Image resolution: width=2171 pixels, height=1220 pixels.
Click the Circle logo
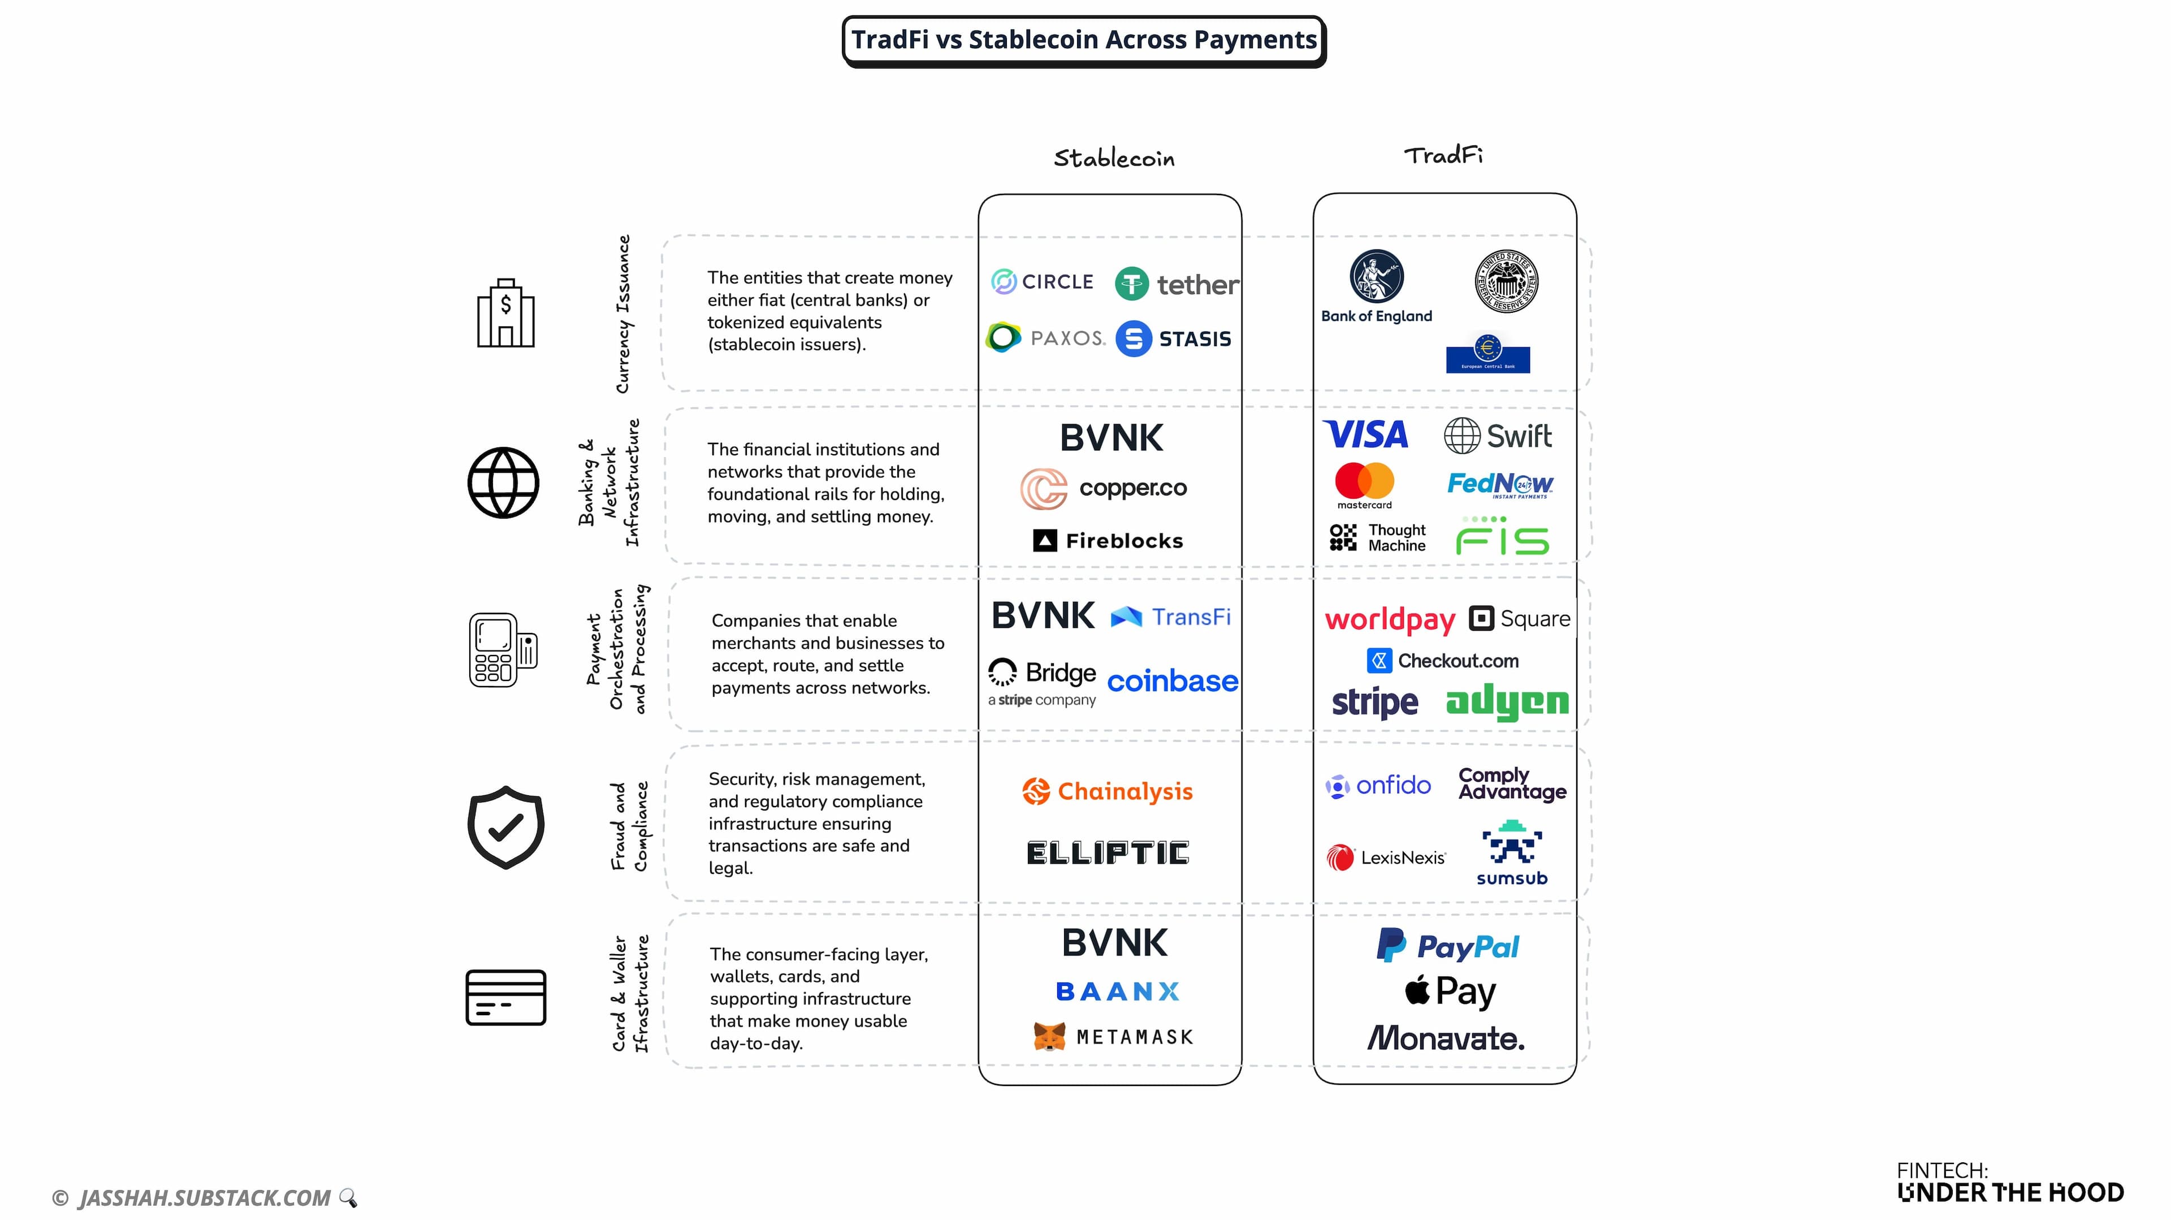[1043, 282]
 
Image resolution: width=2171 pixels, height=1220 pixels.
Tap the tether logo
[1177, 284]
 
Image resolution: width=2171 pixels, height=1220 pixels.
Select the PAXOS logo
[1045, 338]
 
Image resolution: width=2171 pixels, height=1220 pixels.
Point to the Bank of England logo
[1376, 287]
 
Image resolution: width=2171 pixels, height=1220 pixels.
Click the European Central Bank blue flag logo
[1487, 354]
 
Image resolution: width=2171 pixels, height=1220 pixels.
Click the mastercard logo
[1364, 485]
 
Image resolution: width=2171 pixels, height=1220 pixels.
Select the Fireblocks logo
[1108, 541]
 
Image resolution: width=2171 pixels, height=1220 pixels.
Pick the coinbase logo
[1173, 681]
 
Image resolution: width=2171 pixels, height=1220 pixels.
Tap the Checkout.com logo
[1443, 661]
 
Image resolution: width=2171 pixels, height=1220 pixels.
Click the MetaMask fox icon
[1049, 1036]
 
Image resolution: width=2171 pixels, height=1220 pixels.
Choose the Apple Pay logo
[1450, 991]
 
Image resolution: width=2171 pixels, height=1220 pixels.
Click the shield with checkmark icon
[505, 827]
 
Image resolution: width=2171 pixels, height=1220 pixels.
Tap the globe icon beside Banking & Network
[503, 483]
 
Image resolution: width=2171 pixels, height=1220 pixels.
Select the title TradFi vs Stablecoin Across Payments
[1084, 40]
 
